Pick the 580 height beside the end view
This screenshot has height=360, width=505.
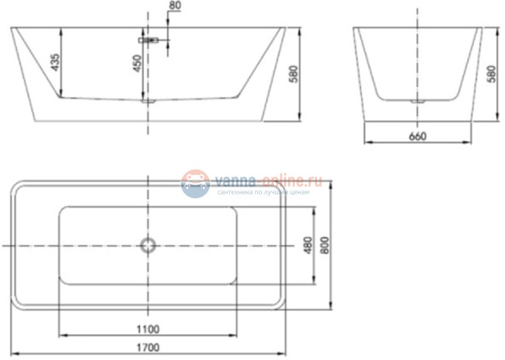coord(492,74)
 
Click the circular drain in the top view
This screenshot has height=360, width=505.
coord(148,246)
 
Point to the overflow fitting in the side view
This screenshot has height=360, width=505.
coord(148,38)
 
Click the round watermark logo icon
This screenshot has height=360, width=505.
coord(196,183)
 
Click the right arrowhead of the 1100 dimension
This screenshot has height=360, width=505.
coord(236,335)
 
